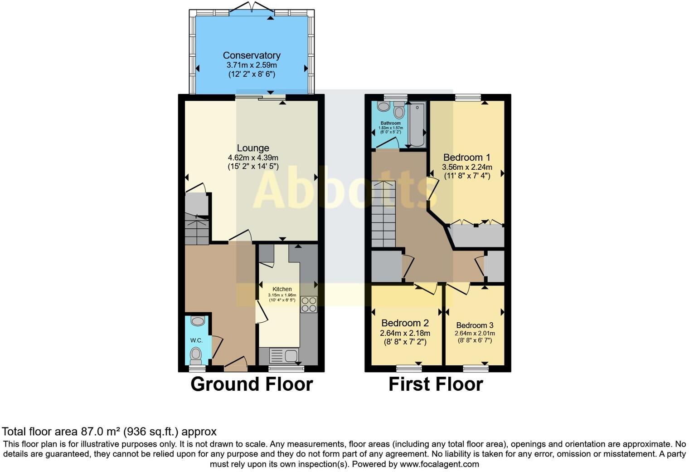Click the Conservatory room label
(x=252, y=55)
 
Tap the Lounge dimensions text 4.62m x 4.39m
(x=253, y=157)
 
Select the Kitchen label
(x=282, y=289)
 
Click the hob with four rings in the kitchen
(x=308, y=304)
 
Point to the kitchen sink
(x=283, y=355)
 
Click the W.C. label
(x=196, y=340)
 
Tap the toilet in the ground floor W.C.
(x=196, y=354)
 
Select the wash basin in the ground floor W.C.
(x=198, y=321)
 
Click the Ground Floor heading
(x=252, y=384)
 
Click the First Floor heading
(x=436, y=384)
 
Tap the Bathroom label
(x=390, y=123)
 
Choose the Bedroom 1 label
(x=466, y=157)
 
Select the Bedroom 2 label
(x=405, y=323)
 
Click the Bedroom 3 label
(x=475, y=325)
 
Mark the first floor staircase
(x=383, y=214)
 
